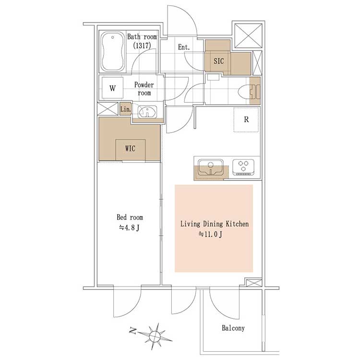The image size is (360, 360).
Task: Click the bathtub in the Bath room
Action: pyautogui.click(x=113, y=51)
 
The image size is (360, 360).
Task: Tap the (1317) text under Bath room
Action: pyautogui.click(x=142, y=46)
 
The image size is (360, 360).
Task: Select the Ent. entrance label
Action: pyautogui.click(x=184, y=48)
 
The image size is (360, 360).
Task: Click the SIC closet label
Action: pyautogui.click(x=218, y=61)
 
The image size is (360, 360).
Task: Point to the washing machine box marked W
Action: pyautogui.click(x=112, y=88)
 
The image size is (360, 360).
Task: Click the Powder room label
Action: pyautogui.click(x=144, y=89)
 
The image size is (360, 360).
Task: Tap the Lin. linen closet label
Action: pyautogui.click(x=125, y=109)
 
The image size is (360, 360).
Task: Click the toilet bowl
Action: pyautogui.click(x=244, y=92)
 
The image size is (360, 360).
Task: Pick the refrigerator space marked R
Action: pyautogui.click(x=246, y=120)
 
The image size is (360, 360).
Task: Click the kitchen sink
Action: pyautogui.click(x=211, y=168)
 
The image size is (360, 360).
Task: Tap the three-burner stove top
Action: pyautogui.click(x=243, y=168)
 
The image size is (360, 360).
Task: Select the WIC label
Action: pyautogui.click(x=130, y=148)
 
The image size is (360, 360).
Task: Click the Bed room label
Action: pyautogui.click(x=130, y=217)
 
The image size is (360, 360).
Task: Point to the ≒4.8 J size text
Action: pyautogui.click(x=129, y=228)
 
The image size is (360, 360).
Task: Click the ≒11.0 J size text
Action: pyautogui.click(x=210, y=234)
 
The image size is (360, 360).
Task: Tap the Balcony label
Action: pyautogui.click(x=233, y=328)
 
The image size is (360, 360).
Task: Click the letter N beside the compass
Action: pyautogui.click(x=133, y=331)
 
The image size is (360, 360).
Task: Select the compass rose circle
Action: pyautogui.click(x=155, y=336)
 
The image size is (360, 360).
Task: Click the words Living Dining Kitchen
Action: pyautogui.click(x=215, y=224)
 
